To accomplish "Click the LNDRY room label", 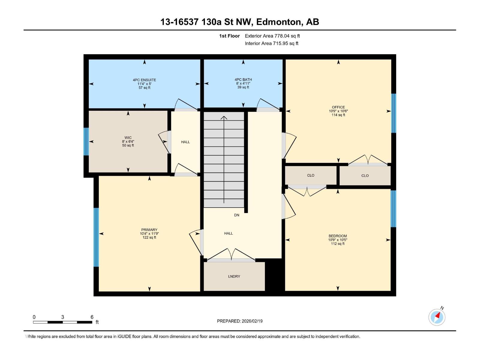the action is pos(234,276).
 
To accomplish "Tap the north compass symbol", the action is pos(437,317).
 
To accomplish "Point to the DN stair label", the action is pos(237,215).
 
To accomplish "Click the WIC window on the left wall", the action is pos(86,141).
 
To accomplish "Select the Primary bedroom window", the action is pos(96,237).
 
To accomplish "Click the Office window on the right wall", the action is pos(393,113).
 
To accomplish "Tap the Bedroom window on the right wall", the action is pos(393,209).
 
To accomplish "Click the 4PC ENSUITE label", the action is pos(144,80).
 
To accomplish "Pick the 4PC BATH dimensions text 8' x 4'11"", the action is pos(243,83).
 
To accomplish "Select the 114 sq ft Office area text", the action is pos(338,115).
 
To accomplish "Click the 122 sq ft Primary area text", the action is pos(149,237).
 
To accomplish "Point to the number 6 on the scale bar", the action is pos(92,317).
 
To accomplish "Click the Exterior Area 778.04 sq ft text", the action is pos(272,36).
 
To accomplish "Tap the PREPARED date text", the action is pos(240,321).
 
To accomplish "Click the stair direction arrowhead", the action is pos(224,118).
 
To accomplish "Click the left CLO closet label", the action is pos(310,175).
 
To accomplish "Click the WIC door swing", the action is pos(164,142).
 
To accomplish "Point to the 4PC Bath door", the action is pos(268,104).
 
